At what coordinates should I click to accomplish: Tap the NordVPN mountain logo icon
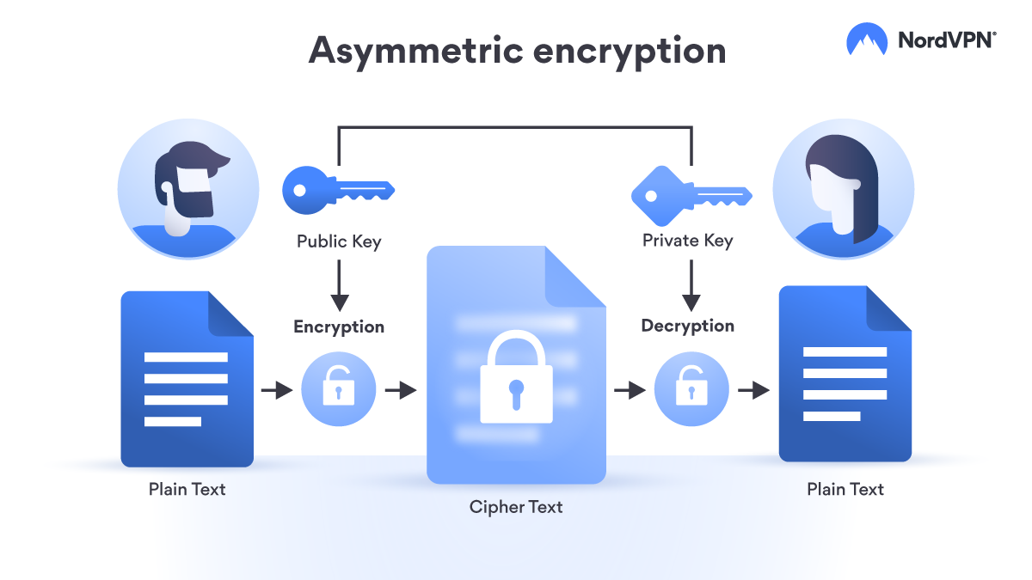867,40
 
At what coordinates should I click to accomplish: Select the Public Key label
339,241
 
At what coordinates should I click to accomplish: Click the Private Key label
687,241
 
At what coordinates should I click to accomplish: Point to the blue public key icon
337,188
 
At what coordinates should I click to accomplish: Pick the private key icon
691,191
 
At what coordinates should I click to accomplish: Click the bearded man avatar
188,189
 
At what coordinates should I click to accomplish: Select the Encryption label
339,327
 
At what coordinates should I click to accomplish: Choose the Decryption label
687,327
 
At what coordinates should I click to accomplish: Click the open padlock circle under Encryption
338,390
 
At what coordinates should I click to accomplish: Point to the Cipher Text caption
516,507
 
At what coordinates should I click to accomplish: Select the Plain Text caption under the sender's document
187,490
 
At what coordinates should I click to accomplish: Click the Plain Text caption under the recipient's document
845,490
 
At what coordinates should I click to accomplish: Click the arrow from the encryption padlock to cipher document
400,390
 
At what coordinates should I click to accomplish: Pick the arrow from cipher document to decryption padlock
630,390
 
